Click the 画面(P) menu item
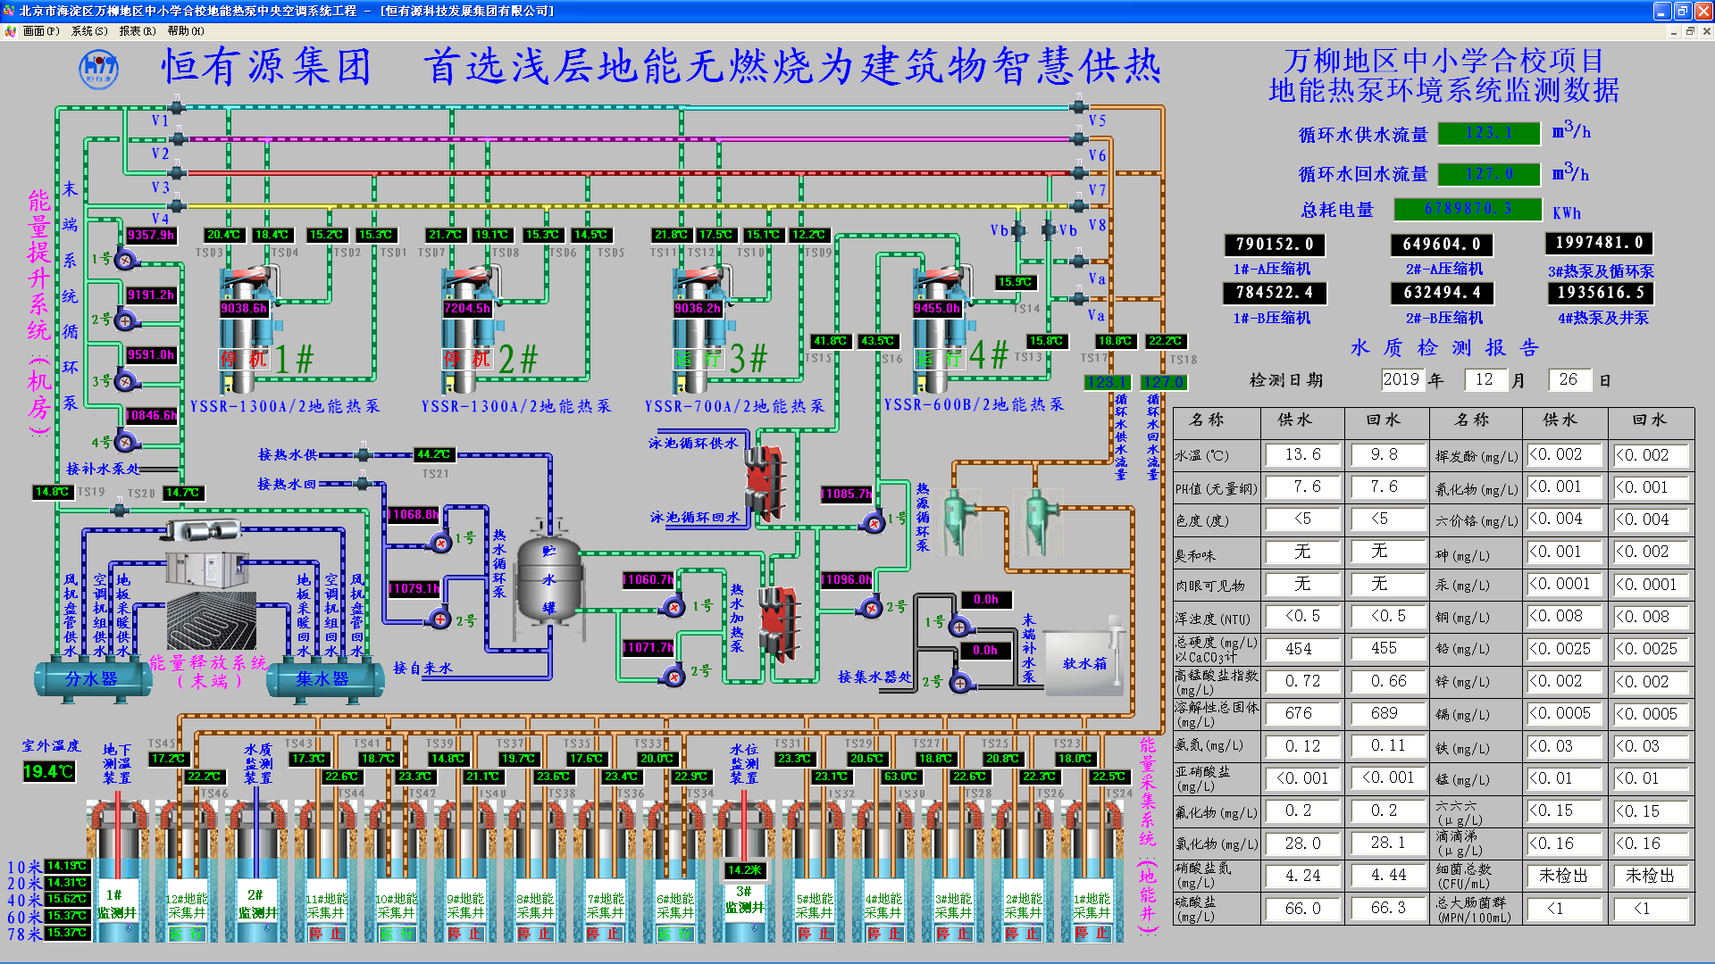coord(40,31)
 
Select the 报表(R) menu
coord(137,31)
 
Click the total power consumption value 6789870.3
coord(1468,209)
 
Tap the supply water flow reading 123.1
coord(1489,133)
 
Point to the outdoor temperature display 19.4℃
coord(48,771)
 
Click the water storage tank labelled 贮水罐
coord(548,580)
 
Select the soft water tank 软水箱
coord(1083,663)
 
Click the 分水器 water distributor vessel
coord(91,678)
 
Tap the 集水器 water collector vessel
coord(322,678)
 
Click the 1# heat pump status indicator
coord(244,359)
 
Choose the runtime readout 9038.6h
coord(244,308)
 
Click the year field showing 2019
coord(1401,379)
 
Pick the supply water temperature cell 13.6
coord(1302,454)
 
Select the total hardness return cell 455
coord(1384,649)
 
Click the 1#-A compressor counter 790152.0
coord(1274,244)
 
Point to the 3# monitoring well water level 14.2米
coord(744,869)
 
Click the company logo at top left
coord(98,69)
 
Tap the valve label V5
coord(1097,120)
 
